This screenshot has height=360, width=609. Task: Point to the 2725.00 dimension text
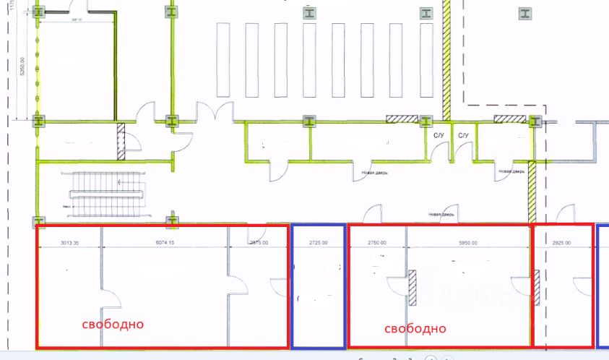point(318,244)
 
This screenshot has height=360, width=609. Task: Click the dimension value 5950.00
point(468,244)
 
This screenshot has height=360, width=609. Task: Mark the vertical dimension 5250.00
point(23,67)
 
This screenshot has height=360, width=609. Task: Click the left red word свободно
point(112,324)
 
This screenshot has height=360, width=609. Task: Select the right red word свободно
point(415,328)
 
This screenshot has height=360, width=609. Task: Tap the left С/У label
point(439,135)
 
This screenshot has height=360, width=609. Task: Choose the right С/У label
point(463,135)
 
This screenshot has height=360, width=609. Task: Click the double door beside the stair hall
point(215,112)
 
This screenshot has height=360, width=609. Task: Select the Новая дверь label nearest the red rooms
point(441,214)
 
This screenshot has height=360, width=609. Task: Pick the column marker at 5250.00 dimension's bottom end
point(38,121)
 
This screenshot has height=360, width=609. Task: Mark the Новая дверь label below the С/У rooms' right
point(511,172)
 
